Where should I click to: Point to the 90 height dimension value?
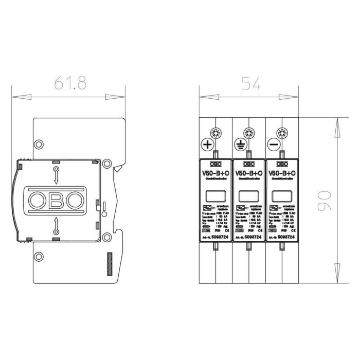[321, 201]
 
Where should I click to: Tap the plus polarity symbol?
[208, 146]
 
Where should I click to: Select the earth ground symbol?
[241, 146]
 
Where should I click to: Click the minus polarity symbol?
[274, 146]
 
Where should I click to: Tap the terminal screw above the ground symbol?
[248, 132]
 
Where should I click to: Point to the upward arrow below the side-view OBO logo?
[56, 225]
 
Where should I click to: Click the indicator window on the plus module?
[214, 196]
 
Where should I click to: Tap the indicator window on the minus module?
[280, 196]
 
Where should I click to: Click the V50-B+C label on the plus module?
[215, 173]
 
